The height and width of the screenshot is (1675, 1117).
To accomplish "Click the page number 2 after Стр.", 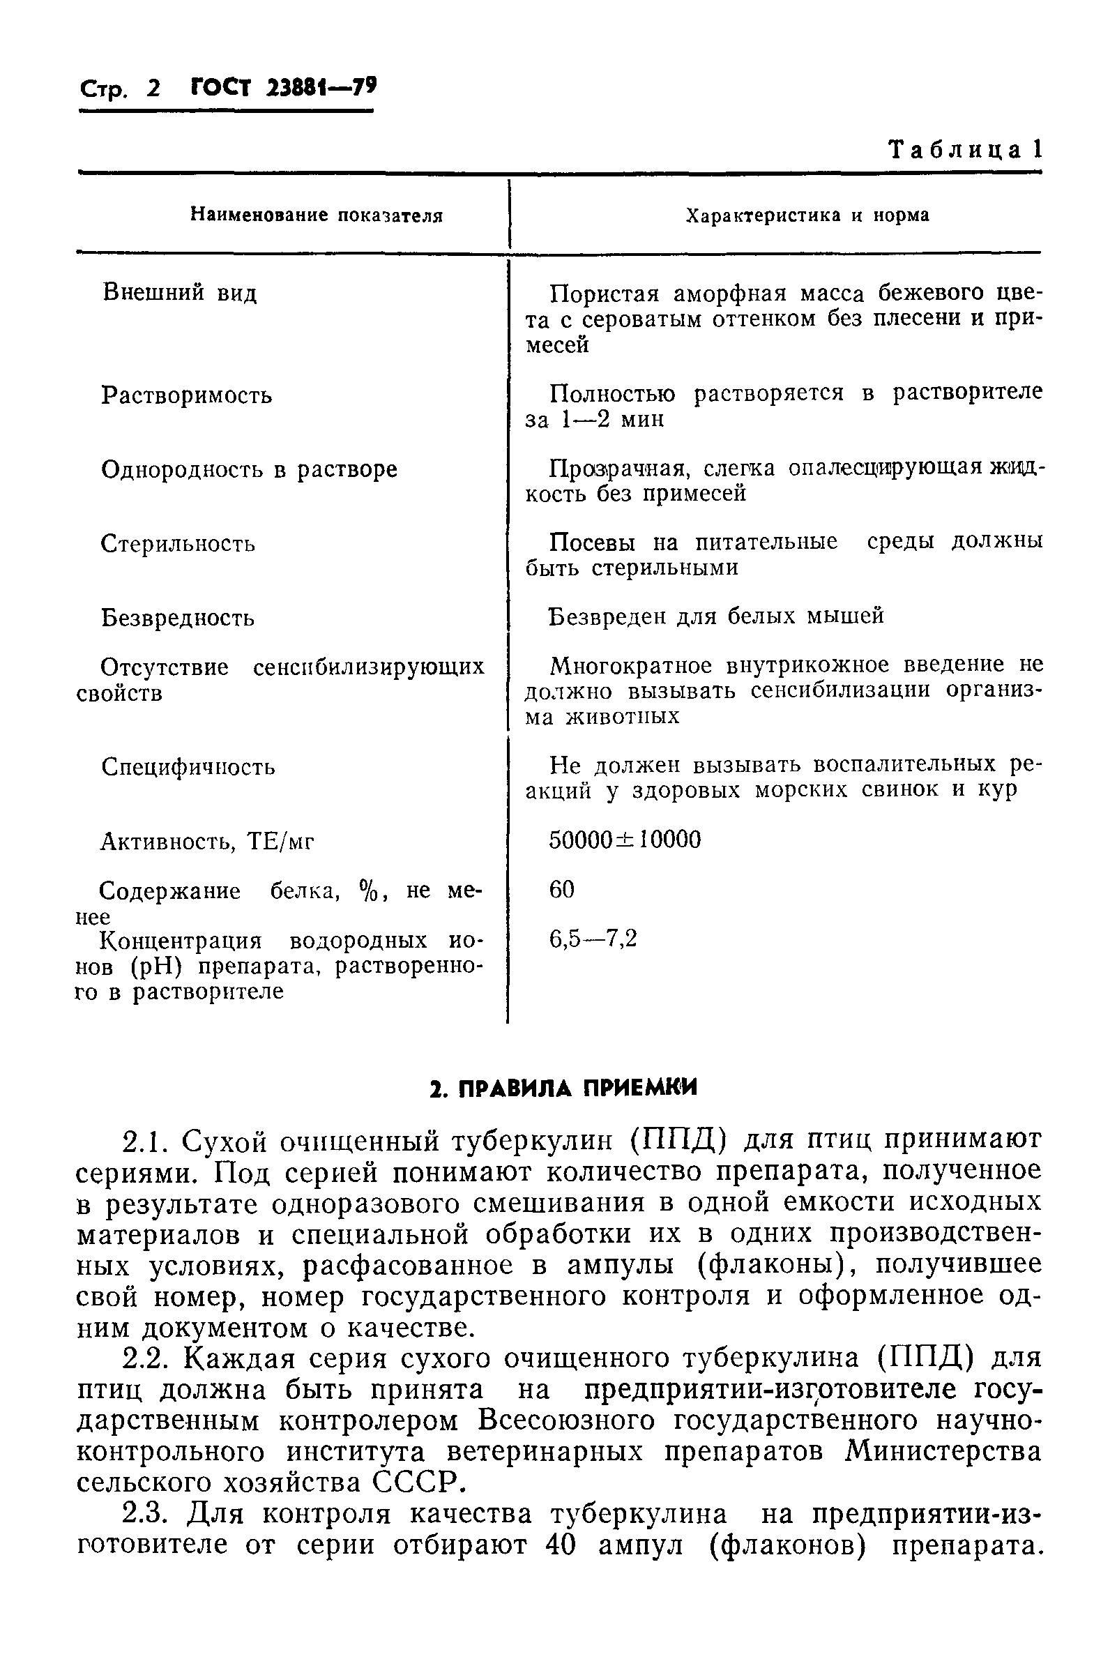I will pos(154,89).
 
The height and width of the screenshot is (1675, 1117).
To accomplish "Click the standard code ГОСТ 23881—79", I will pos(284,87).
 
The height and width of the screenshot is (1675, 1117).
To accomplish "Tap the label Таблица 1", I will pos(965,150).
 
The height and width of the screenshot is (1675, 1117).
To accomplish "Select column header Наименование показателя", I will pos(317,215).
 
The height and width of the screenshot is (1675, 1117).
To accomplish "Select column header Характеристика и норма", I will pos(807,215).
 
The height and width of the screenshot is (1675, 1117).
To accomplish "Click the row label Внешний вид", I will pos(179,293).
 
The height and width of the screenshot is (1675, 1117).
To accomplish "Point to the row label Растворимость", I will pos(187,395).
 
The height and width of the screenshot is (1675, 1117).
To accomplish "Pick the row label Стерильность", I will pos(178,544).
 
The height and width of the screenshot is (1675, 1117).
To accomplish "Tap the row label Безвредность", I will pos(178,618).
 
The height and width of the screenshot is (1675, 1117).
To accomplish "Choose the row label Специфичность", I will pos(188,767).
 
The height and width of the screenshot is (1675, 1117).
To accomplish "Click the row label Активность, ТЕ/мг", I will pos(207,842).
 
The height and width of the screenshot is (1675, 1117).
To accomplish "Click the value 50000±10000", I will pos(625,840).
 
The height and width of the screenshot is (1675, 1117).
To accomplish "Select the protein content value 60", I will pos(561,889).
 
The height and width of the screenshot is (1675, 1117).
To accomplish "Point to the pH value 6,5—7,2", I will pos(593,939).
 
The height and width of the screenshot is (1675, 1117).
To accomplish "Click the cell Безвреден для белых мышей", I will pos(717,616).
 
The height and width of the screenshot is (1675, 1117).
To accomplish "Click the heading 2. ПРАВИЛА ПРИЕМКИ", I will pos(563,1088).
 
